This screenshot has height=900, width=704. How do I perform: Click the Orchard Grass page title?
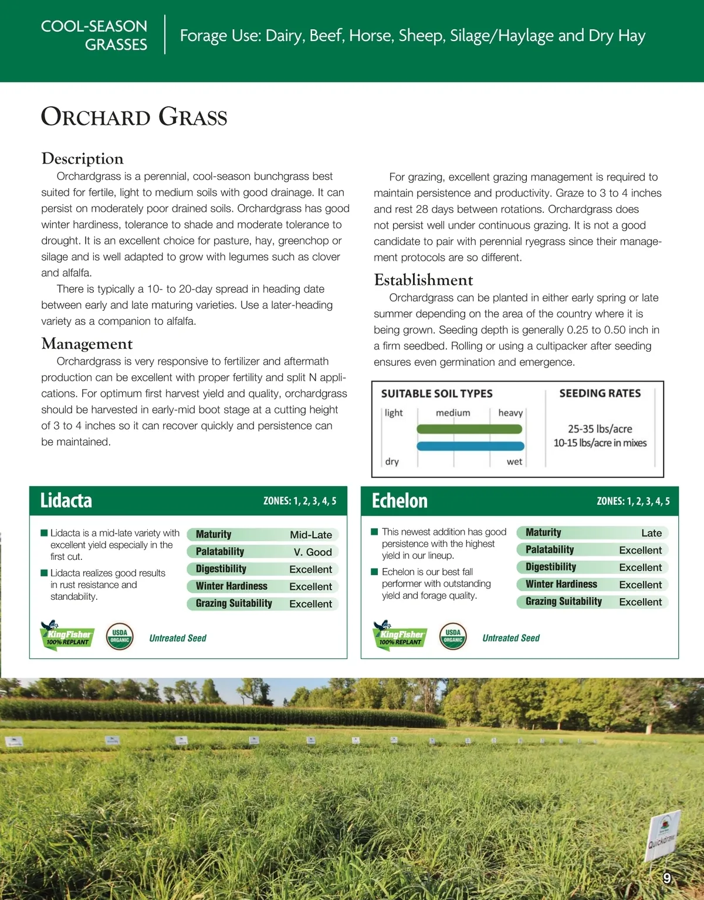[x=134, y=117]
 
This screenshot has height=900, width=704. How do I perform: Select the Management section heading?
[x=87, y=344]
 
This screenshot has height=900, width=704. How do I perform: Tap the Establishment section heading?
[x=423, y=280]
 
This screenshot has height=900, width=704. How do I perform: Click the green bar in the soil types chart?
[x=469, y=429]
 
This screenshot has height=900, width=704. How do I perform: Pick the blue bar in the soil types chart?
[x=469, y=446]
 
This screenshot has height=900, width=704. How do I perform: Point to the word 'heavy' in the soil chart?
[x=510, y=413]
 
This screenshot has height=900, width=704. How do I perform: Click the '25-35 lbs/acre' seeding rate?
[x=600, y=429]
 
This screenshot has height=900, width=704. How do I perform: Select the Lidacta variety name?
[x=66, y=501]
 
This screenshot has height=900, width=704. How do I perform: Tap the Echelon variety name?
[x=400, y=501]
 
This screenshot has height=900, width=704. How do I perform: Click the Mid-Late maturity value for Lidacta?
[x=310, y=535]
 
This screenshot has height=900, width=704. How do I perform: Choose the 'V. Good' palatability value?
[x=312, y=552]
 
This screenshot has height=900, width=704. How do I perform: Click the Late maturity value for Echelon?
[x=651, y=533]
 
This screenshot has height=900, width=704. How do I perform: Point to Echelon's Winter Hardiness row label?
[x=561, y=584]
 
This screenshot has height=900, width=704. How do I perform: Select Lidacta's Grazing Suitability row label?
[x=233, y=603]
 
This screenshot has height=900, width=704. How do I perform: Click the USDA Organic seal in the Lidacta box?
[x=120, y=636]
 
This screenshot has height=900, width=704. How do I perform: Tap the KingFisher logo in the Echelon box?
[x=400, y=635]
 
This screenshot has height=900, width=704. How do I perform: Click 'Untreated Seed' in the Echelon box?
[x=510, y=638]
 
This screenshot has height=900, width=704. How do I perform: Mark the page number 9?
[x=666, y=878]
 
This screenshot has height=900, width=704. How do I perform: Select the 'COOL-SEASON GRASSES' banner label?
[x=94, y=35]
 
